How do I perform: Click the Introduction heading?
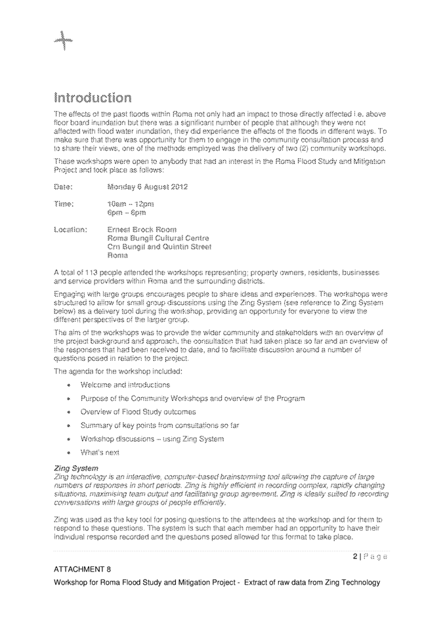point(92,98)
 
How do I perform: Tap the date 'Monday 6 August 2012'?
point(147,187)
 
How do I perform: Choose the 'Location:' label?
point(70,230)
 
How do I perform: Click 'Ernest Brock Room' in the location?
point(141,230)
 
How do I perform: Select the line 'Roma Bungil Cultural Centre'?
point(158,238)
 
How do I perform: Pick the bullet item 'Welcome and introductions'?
point(125,385)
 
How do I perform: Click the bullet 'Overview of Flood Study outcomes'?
point(138,412)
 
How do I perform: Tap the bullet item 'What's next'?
point(100,452)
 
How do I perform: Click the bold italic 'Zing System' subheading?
point(75,469)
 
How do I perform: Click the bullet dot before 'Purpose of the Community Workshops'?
point(68,399)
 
